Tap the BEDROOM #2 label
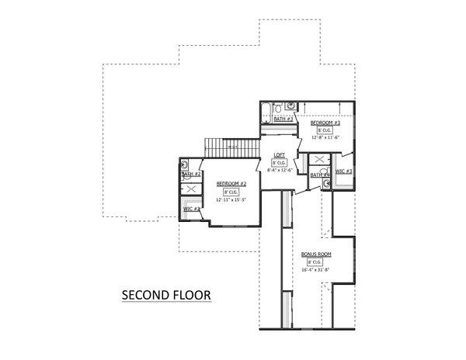[x=231, y=183]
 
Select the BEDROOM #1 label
[x=325, y=123]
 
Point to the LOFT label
[x=279, y=154]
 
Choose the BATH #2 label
[x=191, y=175]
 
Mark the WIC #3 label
[x=345, y=171]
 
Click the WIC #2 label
[x=192, y=209]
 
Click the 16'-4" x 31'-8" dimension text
[x=315, y=271]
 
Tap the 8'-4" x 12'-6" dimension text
[x=279, y=169]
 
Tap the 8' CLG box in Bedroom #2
[x=231, y=192]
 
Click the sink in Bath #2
[x=185, y=165]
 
